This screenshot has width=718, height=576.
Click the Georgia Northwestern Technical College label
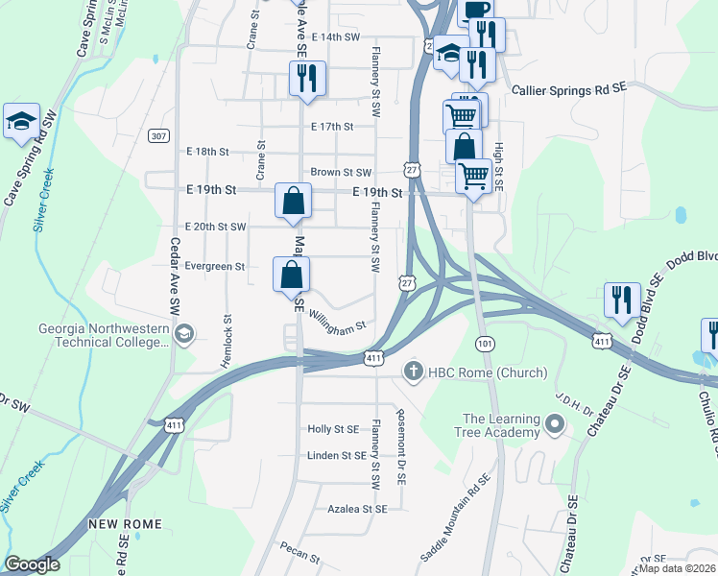pos(104,334)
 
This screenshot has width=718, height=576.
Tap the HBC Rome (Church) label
pos(489,372)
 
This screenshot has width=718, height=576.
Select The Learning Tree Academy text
pos(501,424)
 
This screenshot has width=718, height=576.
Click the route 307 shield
pos(158,136)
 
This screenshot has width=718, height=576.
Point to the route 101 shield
pos(484,343)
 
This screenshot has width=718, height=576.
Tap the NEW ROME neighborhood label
pos(125,524)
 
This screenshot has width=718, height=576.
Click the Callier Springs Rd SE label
pos(568,87)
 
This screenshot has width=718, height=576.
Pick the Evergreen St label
pos(216,266)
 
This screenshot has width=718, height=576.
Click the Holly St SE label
pos(333,429)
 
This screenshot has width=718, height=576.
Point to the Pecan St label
pos(300,554)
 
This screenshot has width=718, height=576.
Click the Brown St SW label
pos(341,173)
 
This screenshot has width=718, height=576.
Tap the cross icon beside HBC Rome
pos(414,371)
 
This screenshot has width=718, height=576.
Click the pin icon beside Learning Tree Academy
pos(554,423)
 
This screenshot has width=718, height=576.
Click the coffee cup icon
pos(476,10)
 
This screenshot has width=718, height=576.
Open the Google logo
pos(32,564)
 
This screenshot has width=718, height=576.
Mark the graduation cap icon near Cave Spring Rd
pos(21,121)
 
